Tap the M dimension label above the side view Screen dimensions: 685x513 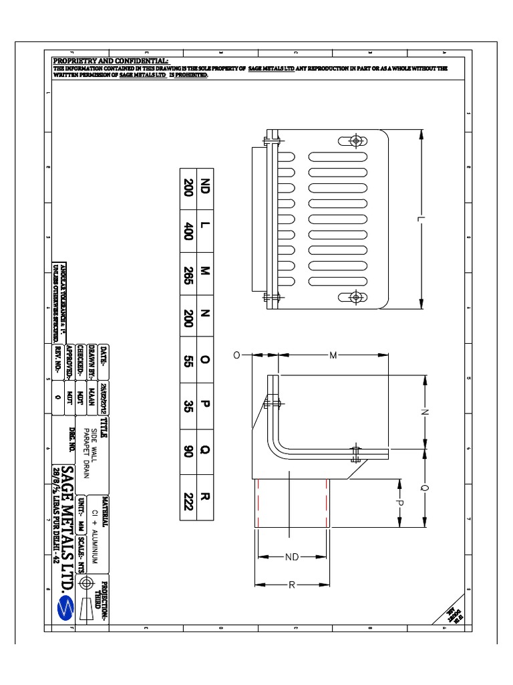(333, 355)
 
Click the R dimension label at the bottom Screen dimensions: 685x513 (292, 585)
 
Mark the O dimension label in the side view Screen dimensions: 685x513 (236, 355)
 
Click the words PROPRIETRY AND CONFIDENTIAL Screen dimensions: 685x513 (112, 62)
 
